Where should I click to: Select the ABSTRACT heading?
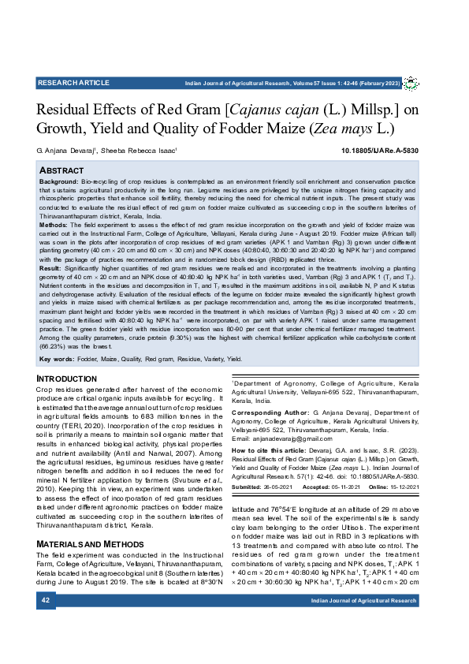pyautogui.click(x=62, y=170)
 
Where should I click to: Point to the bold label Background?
pyautogui.click(x=58, y=181)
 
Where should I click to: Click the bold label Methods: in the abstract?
pyautogui.click(x=54, y=225)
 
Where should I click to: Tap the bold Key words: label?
pyautogui.click(x=57, y=359)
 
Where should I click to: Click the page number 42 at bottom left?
pyautogui.click(x=45, y=601)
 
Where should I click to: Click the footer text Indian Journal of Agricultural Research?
pyautogui.click(x=363, y=601)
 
